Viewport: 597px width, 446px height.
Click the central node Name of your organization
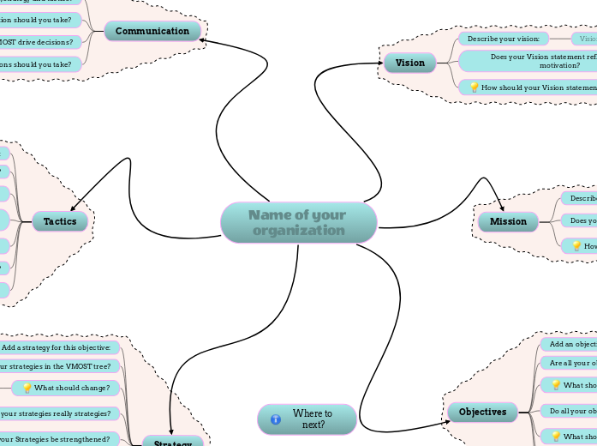(x=298, y=223)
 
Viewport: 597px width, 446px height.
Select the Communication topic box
(x=152, y=32)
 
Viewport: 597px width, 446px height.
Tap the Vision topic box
(x=409, y=63)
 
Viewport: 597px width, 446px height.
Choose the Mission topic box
(x=508, y=221)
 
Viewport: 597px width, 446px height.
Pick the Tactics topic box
(x=60, y=221)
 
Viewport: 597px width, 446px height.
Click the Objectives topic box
(x=482, y=412)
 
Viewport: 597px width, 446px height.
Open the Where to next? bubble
(x=307, y=419)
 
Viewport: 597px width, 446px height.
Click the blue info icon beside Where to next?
(x=276, y=419)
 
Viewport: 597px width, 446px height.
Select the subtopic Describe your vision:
(x=503, y=39)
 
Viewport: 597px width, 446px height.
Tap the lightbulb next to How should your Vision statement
(x=474, y=87)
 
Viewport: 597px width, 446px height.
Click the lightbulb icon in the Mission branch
(x=576, y=246)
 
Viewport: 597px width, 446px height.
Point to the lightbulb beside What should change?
(x=27, y=389)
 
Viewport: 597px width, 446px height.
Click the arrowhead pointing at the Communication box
(x=203, y=40)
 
